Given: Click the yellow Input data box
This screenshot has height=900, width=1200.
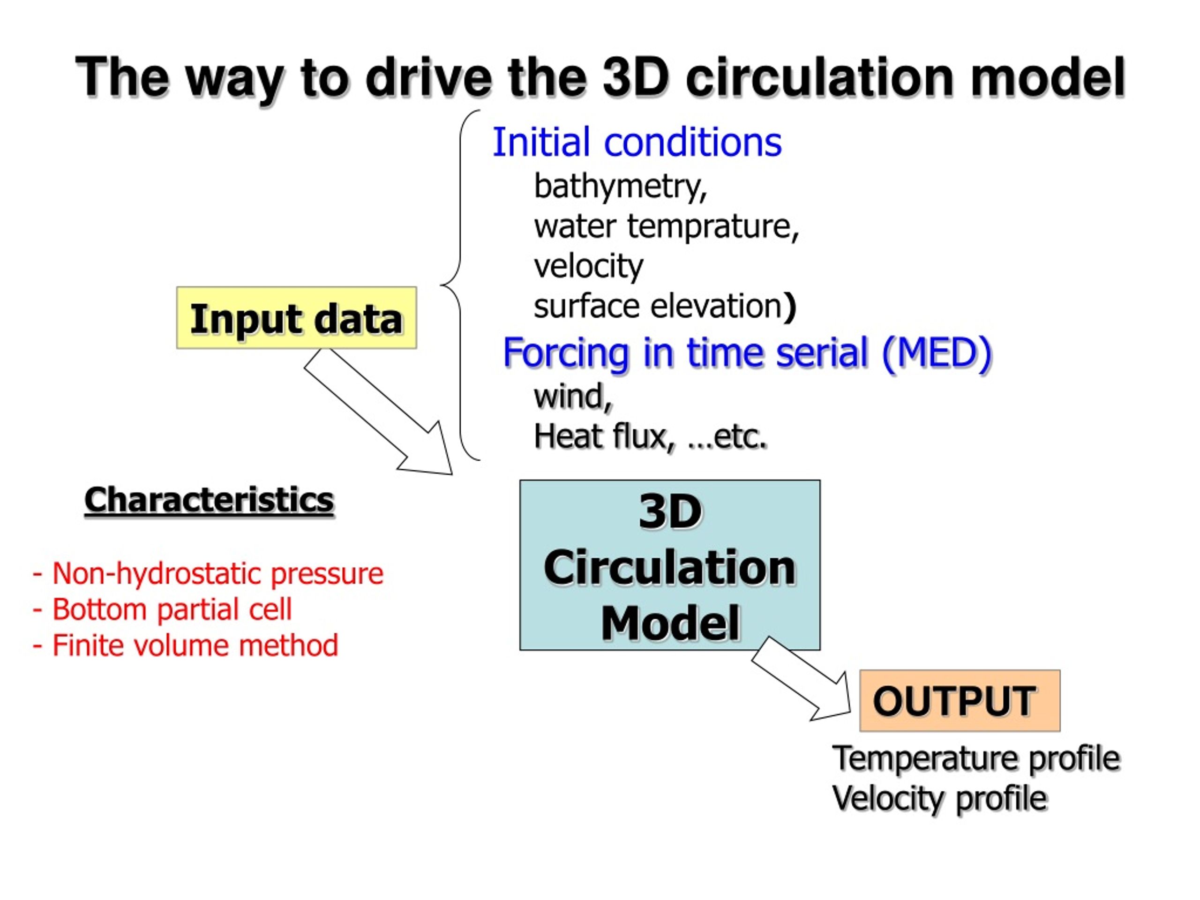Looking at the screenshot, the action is tap(297, 318).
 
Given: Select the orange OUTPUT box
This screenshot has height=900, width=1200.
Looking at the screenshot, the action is tap(960, 700).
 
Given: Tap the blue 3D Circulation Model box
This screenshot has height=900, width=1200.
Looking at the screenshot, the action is tap(670, 565).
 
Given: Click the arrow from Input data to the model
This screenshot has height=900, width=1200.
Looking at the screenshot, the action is tap(379, 412).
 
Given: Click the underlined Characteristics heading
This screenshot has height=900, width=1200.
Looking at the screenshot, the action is tap(209, 500).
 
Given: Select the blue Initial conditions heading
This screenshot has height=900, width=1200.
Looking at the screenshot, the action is tap(637, 142).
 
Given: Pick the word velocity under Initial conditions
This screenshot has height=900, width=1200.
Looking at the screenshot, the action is tap(589, 266).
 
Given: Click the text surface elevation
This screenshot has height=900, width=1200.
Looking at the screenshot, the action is tap(658, 306).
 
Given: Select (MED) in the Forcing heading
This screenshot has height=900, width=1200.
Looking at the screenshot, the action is tap(937, 352).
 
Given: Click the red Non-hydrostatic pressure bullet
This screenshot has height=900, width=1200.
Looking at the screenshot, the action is tap(208, 574).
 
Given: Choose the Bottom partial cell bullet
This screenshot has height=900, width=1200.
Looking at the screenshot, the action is tap(162, 609).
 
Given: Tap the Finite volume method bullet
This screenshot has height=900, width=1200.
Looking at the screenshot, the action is tap(185, 645).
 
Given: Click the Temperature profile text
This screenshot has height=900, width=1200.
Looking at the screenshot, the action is tap(976, 758).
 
